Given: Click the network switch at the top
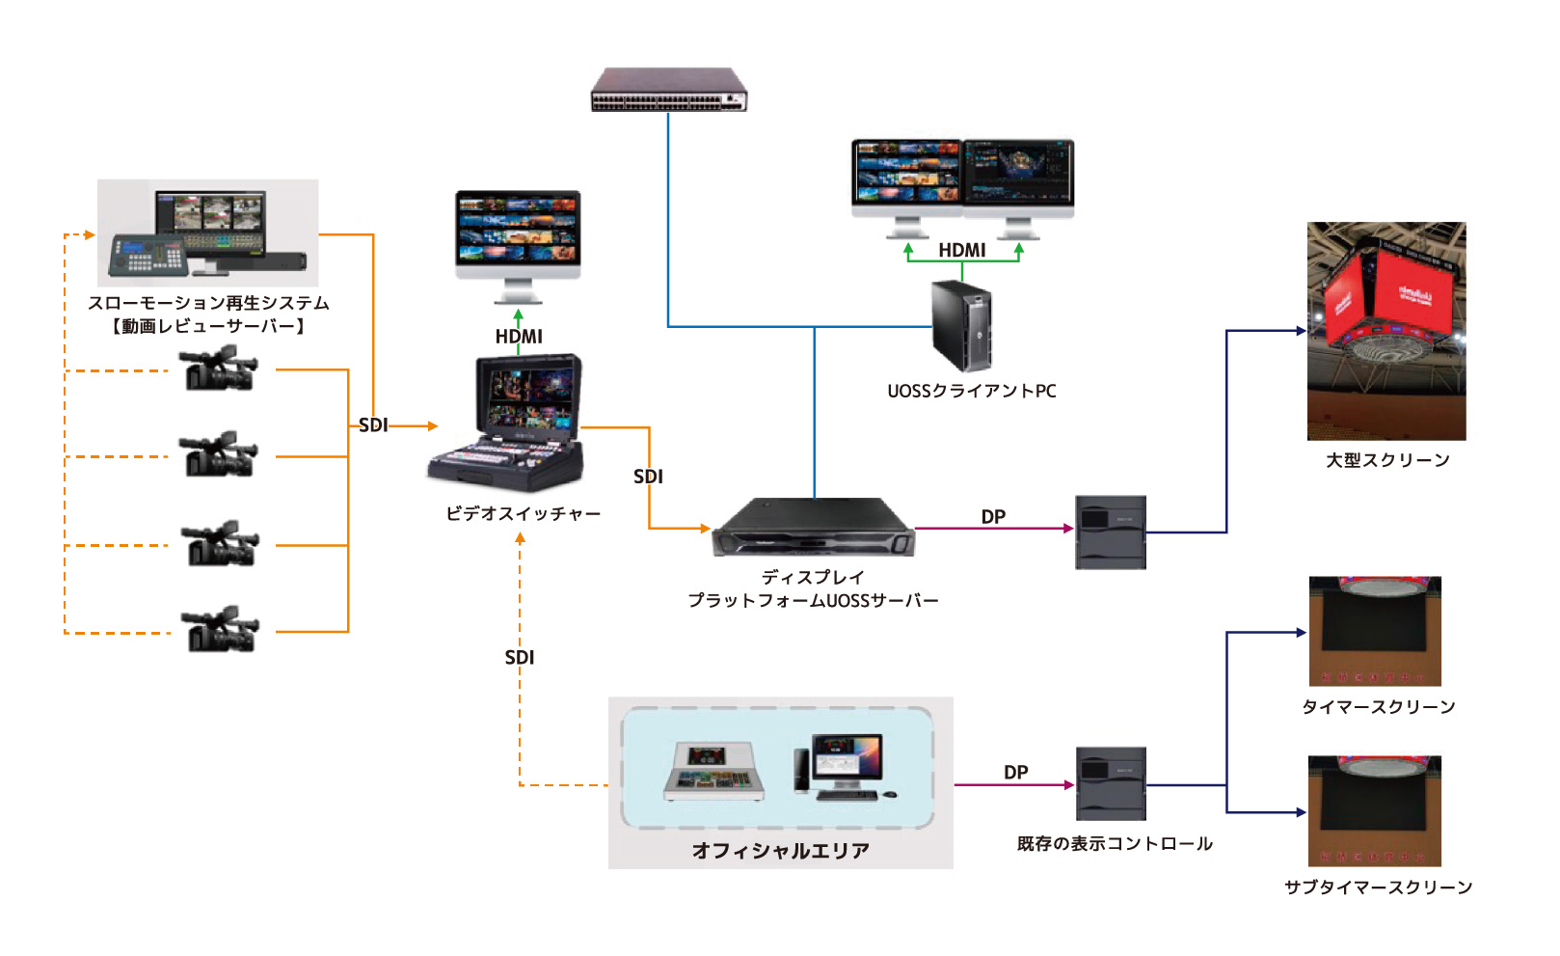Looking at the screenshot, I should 669,90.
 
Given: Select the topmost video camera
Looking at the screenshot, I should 220,369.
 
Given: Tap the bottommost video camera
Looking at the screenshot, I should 221,630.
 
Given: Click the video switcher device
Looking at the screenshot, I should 507,423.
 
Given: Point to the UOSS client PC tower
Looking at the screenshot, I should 962,326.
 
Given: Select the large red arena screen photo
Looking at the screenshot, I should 1385,331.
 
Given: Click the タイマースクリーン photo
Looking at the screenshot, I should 1374,631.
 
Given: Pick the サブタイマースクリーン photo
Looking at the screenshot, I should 1374,810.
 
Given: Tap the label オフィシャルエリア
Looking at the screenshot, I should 780,851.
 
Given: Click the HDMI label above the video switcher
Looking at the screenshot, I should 519,337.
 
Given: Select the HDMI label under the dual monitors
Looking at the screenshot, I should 962,251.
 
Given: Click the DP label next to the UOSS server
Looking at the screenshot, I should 993,517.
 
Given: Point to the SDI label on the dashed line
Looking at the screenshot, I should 520,658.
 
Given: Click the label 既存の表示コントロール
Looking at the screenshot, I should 1115,844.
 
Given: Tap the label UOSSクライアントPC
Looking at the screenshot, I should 971,392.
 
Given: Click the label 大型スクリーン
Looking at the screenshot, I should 1387,461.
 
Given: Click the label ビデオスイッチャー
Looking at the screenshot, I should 523,514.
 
